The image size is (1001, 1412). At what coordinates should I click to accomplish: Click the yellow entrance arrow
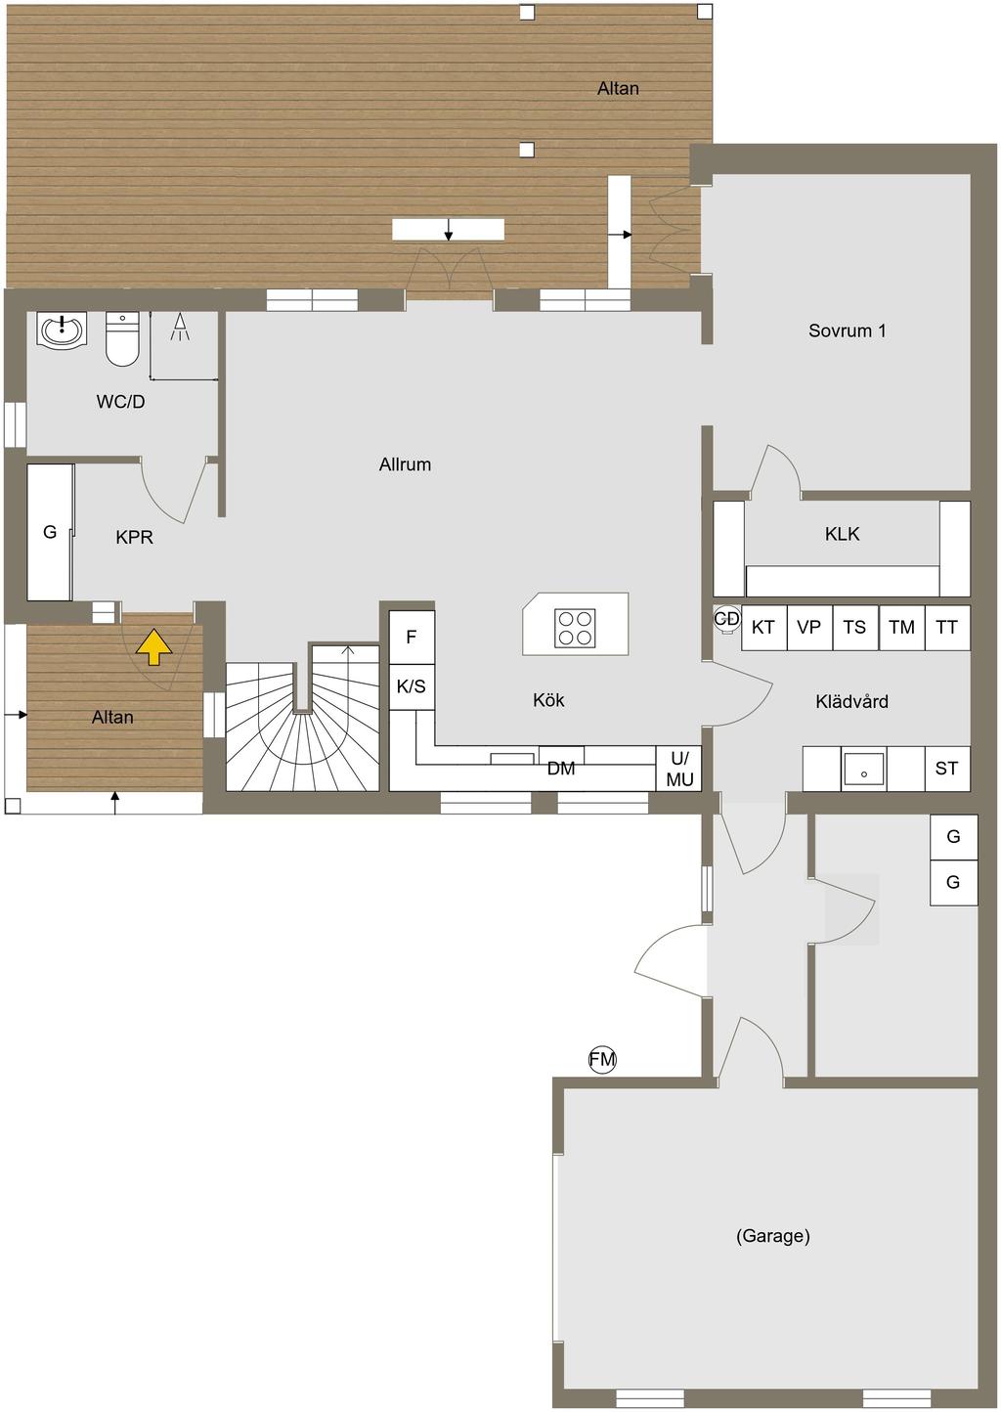[x=153, y=649]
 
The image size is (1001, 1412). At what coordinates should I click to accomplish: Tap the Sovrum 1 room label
[x=848, y=331]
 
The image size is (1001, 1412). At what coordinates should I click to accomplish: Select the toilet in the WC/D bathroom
[x=122, y=339]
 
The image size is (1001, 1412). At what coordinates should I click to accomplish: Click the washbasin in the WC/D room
[x=62, y=329]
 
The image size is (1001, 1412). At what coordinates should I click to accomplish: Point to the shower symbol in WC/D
[x=180, y=328]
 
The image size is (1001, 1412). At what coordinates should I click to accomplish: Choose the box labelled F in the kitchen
[x=412, y=638]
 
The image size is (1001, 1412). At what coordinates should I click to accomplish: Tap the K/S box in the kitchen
[x=412, y=686]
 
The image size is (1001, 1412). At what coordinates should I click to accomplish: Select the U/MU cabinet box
[x=678, y=769]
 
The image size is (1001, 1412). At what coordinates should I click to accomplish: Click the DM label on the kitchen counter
[x=561, y=769]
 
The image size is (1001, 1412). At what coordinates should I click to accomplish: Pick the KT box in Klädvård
[x=764, y=628]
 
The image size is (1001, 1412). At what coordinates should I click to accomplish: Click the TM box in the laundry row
[x=901, y=628]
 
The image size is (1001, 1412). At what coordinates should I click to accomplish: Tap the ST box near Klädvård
[x=947, y=769]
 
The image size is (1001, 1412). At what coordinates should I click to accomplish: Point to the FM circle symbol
[x=602, y=1060]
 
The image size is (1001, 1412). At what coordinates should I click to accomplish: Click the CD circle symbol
[x=726, y=618]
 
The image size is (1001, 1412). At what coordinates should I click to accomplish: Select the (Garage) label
[x=773, y=1236]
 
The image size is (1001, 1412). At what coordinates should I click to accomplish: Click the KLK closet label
[x=843, y=535]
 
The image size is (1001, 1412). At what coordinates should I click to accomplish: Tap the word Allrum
[x=406, y=464]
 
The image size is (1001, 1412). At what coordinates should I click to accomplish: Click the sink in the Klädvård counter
[x=863, y=769]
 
